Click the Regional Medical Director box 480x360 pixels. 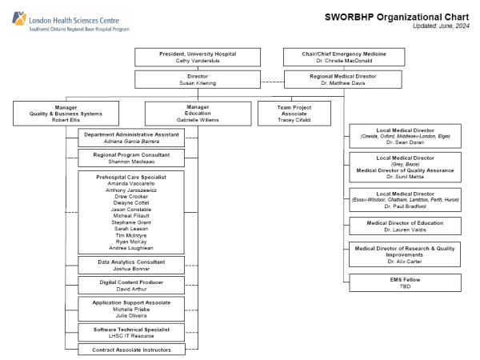[x=342, y=78]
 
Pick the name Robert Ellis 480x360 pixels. [x=66, y=120]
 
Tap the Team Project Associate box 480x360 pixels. [x=294, y=113]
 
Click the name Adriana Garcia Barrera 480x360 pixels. [x=131, y=141]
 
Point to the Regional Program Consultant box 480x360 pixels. [x=131, y=158]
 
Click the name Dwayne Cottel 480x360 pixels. [x=131, y=202]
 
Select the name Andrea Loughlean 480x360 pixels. [x=131, y=248]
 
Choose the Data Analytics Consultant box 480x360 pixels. [x=131, y=266]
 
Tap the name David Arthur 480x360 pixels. [x=131, y=290]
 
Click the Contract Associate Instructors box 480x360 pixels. [x=131, y=349]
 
